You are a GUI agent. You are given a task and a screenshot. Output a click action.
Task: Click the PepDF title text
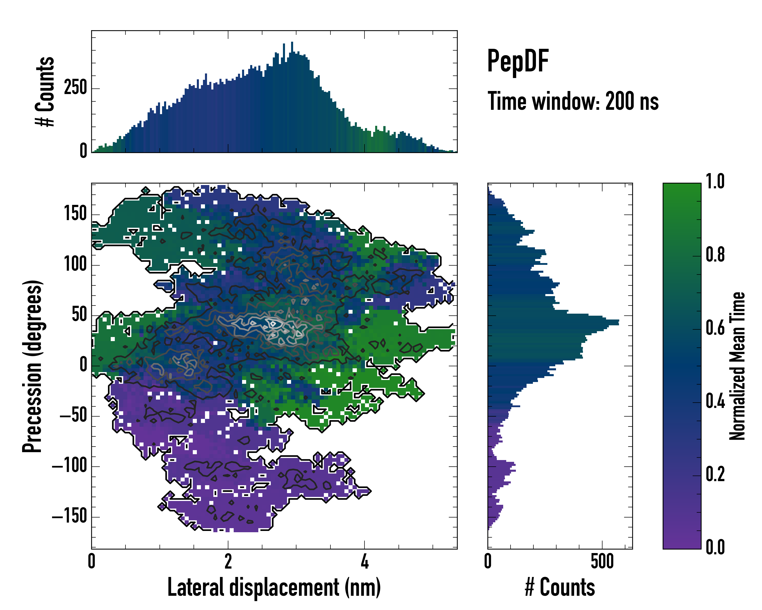(518, 61)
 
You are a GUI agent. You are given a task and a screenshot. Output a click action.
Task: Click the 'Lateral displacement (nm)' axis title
(274, 588)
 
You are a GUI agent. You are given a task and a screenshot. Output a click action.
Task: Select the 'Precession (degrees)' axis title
(33, 366)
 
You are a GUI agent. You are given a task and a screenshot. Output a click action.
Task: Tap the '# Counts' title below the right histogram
(560, 588)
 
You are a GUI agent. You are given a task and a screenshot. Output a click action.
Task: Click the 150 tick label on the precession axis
(75, 214)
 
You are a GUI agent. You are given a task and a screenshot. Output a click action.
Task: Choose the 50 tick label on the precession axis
(79, 315)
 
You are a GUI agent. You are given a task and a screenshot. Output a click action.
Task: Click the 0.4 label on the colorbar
(715, 402)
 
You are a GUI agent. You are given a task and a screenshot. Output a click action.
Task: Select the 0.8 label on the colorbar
(715, 255)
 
